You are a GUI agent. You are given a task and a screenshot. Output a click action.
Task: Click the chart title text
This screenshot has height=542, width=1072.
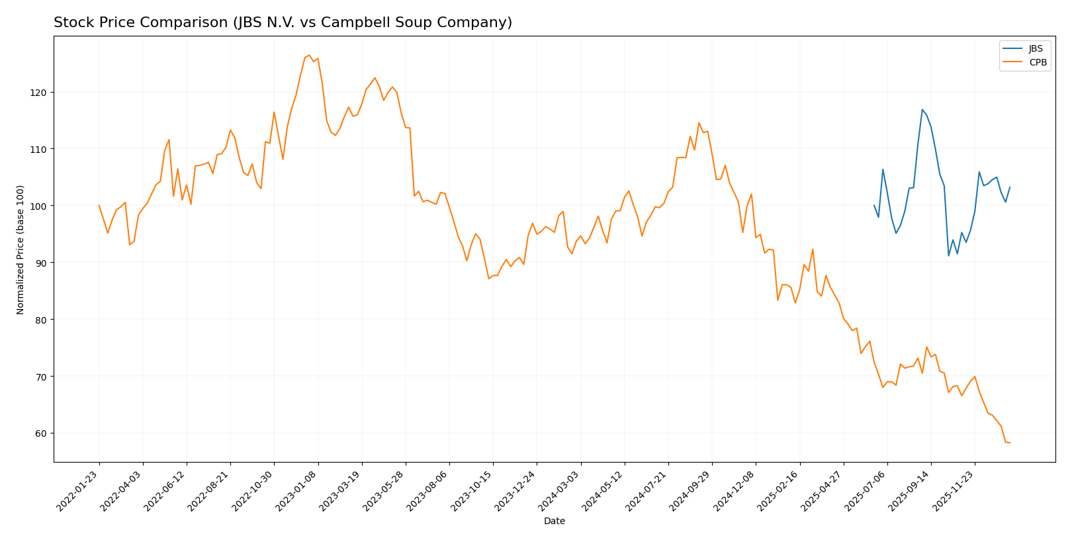tap(283, 23)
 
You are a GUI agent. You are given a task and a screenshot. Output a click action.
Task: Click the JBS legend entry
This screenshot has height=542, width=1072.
tap(1035, 49)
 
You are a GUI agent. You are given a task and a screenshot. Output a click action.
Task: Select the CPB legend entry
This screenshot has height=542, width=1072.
tap(1037, 63)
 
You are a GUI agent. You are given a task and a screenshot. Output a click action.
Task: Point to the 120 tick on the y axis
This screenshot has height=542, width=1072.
tap(39, 92)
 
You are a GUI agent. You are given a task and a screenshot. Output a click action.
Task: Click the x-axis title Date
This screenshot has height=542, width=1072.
tap(554, 521)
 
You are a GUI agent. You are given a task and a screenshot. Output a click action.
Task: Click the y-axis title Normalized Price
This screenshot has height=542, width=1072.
tap(21, 249)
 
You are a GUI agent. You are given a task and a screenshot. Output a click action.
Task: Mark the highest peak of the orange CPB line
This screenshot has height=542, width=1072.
tap(309, 55)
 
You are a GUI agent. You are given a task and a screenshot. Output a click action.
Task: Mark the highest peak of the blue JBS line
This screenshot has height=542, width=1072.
tap(922, 110)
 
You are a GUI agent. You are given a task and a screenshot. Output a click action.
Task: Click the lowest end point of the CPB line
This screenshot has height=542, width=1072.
tap(1010, 443)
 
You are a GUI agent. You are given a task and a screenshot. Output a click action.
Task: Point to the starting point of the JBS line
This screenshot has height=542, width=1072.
tap(874, 205)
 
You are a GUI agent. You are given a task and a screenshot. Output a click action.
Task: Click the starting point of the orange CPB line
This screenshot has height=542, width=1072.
tap(99, 205)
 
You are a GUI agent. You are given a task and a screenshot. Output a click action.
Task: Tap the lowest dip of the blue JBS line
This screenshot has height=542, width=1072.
tap(948, 255)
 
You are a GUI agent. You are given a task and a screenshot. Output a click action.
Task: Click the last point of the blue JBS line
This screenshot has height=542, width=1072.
tap(1010, 187)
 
